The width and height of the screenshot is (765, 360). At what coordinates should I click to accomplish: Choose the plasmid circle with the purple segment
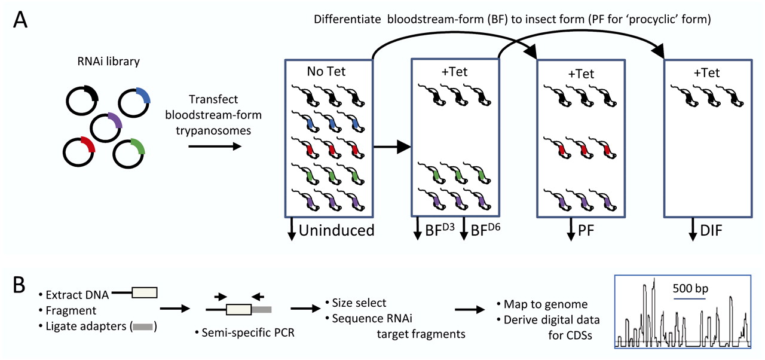[106, 127]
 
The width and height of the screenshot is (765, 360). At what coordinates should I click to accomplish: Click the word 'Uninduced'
[336, 230]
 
